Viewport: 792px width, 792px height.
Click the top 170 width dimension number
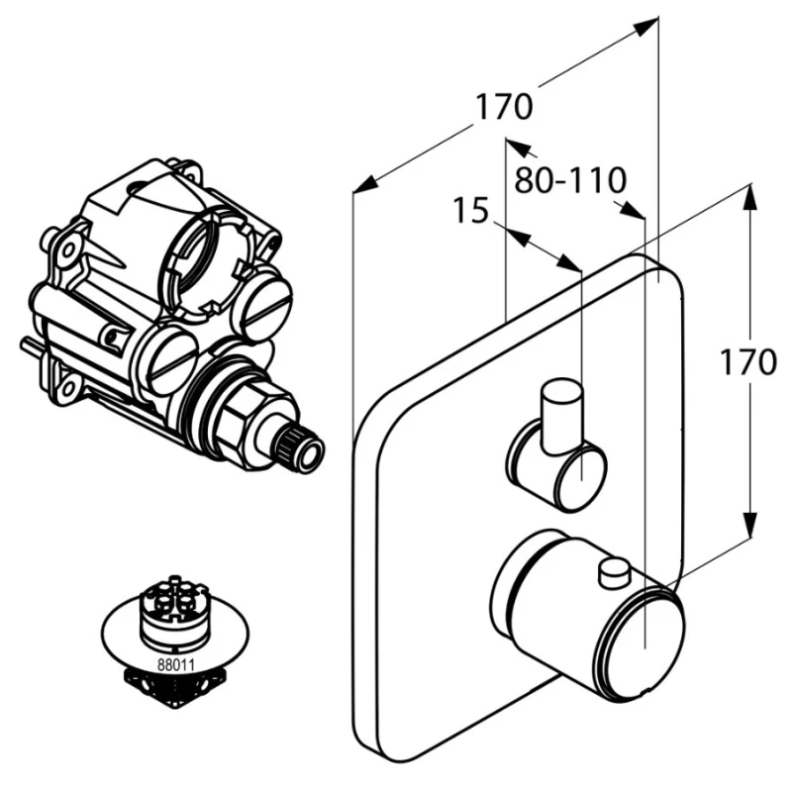click(504, 105)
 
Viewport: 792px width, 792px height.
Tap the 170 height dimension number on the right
click(746, 363)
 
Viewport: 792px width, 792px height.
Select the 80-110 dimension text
click(570, 180)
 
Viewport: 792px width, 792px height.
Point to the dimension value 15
click(471, 211)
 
